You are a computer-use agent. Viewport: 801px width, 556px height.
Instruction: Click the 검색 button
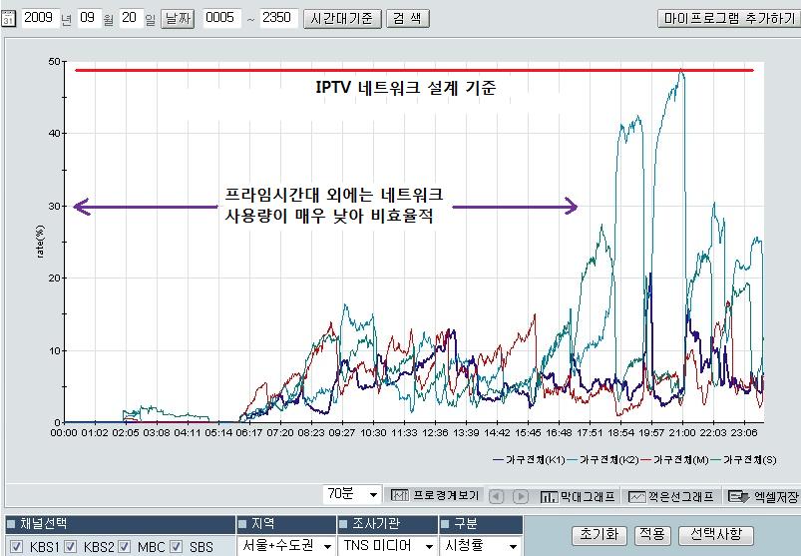[408, 18]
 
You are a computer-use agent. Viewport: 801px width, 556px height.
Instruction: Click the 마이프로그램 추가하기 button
[726, 18]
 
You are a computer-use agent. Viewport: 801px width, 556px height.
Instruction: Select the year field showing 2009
[38, 18]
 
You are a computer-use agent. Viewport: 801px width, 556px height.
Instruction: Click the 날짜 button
[178, 18]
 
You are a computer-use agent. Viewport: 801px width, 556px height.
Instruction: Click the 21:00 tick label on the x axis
[681, 433]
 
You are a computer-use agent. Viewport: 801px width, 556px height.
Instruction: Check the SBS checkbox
[176, 547]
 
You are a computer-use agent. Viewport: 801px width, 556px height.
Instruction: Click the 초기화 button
[599, 535]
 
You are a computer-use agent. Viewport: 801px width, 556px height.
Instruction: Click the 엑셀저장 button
[763, 496]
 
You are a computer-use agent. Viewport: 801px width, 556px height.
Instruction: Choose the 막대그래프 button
[579, 496]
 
